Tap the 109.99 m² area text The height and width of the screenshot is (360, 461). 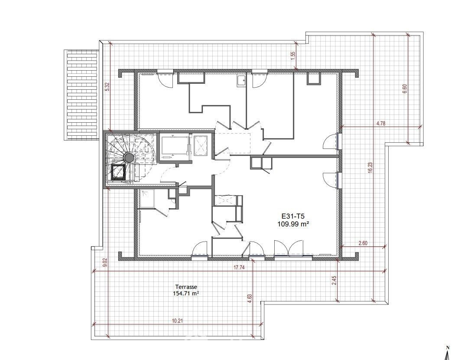pos(293,224)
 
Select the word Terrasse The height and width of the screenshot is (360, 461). pos(186,287)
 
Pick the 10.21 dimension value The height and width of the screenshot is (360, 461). pos(178,321)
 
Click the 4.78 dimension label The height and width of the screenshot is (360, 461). pos(381,124)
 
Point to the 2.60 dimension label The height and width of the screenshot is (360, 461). pos(363,243)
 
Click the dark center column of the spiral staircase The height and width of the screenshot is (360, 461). pos(129,158)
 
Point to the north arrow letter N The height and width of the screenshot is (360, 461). pos(448,347)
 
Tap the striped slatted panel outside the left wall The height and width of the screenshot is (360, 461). pos(81,95)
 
